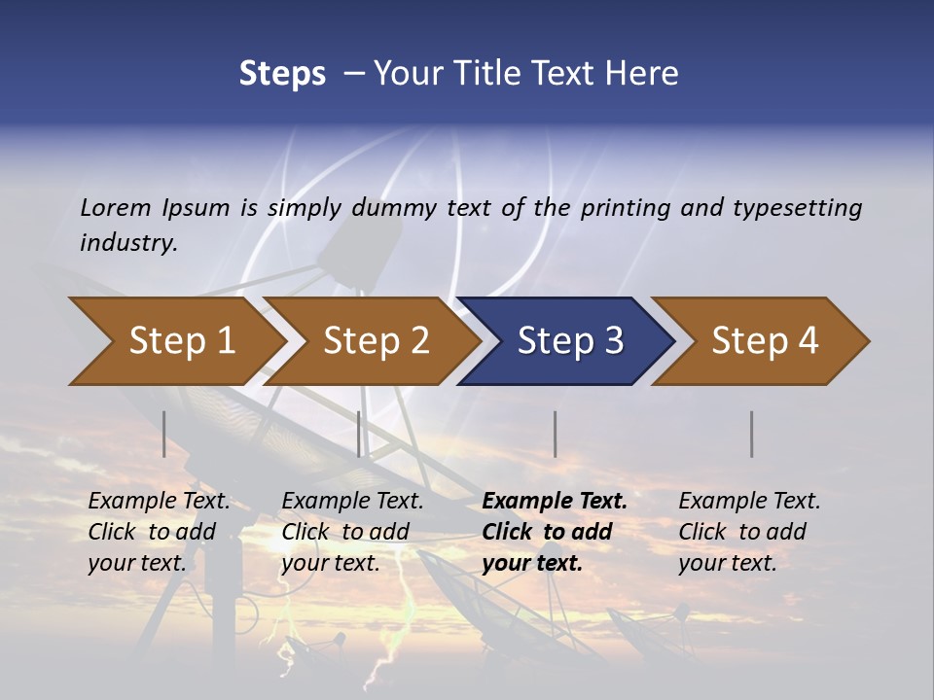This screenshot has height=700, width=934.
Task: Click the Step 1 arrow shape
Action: (175, 341)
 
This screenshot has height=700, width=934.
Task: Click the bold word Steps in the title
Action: (282, 74)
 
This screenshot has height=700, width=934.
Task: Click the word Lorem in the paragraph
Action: (115, 207)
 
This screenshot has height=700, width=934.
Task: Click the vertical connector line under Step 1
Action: (164, 434)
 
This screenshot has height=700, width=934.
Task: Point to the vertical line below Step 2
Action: (359, 434)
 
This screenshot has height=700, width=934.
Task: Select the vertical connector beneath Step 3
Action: (555, 434)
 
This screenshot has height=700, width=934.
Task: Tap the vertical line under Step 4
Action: (751, 434)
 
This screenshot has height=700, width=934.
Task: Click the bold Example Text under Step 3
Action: (555, 501)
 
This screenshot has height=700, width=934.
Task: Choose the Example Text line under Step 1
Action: (159, 501)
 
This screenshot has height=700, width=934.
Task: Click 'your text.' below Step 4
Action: (728, 563)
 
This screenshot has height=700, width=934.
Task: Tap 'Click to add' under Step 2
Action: (345, 532)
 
